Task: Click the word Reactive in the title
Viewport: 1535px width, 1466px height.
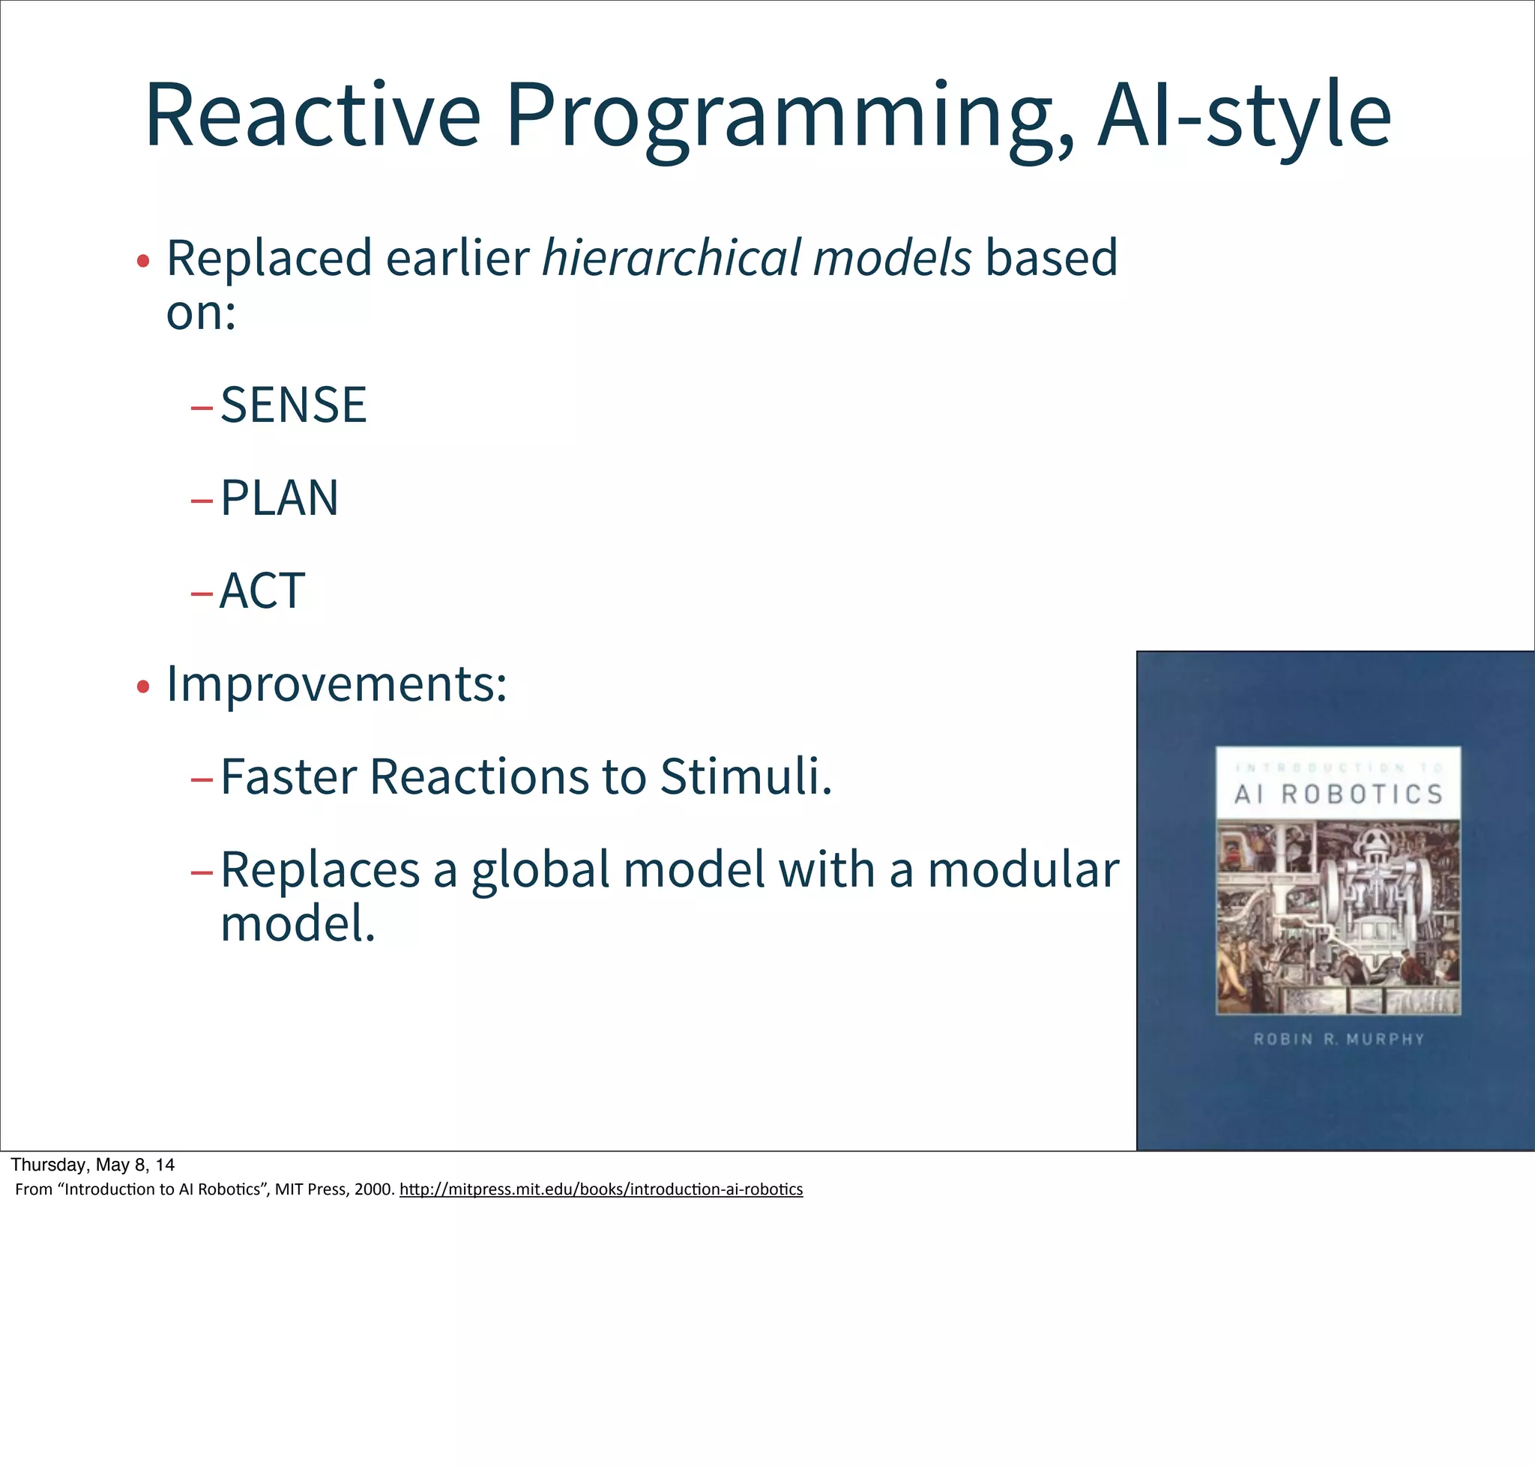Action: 313,115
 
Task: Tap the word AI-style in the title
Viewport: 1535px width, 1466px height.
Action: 1244,115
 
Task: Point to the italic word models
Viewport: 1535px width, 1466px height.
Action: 892,258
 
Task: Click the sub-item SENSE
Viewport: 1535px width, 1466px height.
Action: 293,405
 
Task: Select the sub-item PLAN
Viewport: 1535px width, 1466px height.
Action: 279,498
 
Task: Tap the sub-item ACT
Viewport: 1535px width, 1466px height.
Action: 262,591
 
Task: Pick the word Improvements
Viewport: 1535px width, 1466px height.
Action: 337,684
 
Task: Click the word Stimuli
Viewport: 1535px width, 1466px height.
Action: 746,777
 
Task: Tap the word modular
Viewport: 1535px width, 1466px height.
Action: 1023,871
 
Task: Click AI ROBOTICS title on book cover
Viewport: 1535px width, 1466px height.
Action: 1338,794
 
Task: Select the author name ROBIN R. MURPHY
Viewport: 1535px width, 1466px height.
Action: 1339,1040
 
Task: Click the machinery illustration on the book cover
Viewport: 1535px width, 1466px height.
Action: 1338,917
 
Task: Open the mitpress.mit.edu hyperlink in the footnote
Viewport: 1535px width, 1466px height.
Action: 600,1189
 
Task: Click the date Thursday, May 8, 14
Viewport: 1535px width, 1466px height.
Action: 92,1165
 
